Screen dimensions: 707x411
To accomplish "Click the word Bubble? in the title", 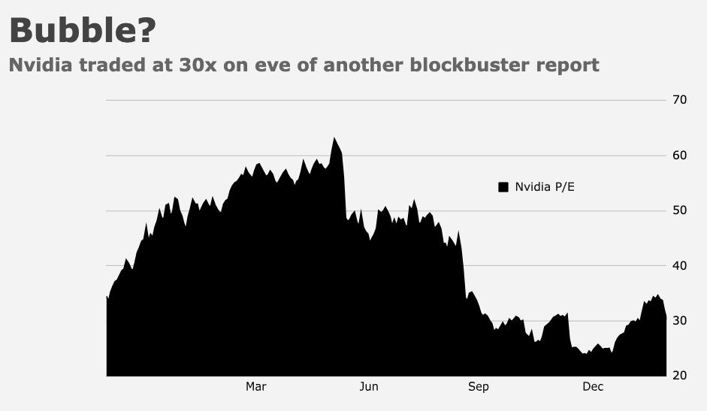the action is pos(83,30).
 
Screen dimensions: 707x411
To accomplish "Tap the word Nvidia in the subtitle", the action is pos(41,65).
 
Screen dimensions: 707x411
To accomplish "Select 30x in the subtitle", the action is pos(198,65).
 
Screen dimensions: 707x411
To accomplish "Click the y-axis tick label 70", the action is pos(679,100).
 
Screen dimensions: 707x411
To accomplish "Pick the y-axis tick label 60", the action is pos(679,156).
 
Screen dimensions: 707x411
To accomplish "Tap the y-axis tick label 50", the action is pos(679,210).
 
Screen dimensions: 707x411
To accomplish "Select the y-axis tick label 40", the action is pos(679,266).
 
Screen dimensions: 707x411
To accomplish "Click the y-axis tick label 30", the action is pos(679,321).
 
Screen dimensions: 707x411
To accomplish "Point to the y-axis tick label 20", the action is pos(679,376).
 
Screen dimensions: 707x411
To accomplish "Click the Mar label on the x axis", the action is pos(256,387).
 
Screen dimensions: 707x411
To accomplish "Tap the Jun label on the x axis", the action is pos(369,387).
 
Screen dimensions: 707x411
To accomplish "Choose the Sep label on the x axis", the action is pos(479,387).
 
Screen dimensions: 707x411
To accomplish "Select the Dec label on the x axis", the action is pos(593,387).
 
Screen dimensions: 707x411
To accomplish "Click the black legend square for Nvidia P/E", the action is pos(503,187).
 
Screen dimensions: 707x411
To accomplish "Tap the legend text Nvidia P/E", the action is pos(545,187).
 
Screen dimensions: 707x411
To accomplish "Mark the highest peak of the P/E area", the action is pos(334,138).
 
